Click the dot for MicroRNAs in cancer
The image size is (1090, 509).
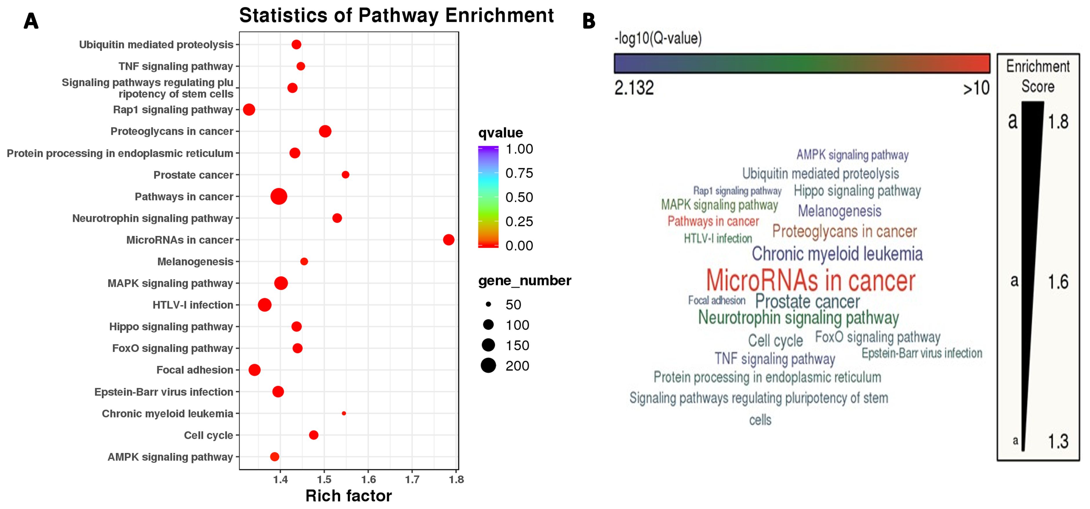point(448,240)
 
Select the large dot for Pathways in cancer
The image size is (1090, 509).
point(278,196)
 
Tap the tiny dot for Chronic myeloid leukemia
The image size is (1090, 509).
point(344,413)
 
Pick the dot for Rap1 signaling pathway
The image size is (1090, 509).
point(249,110)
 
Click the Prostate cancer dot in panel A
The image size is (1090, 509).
point(345,174)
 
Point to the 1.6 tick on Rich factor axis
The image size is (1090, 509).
point(368,479)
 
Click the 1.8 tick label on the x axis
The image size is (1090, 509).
point(456,479)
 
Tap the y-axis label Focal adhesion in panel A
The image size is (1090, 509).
point(195,370)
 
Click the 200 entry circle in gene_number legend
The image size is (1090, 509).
point(488,365)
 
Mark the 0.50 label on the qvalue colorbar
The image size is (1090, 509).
point(519,197)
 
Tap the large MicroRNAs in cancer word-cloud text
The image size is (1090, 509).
point(810,280)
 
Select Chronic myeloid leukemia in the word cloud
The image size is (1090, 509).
point(837,254)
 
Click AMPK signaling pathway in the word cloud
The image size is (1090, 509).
point(852,155)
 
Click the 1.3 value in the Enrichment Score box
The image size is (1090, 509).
point(1058,442)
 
